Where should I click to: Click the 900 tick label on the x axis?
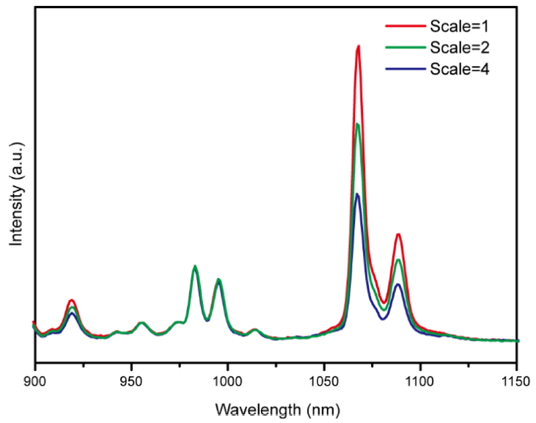(34, 380)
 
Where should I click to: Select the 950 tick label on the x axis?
(131, 380)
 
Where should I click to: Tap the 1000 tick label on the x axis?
(227, 380)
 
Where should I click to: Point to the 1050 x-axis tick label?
(324, 380)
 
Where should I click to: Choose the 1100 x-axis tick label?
(420, 380)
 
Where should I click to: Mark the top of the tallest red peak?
(358, 46)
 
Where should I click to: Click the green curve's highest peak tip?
(358, 124)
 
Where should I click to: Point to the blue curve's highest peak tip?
(357, 194)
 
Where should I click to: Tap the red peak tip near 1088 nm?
(398, 235)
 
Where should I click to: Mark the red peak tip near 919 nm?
(72, 300)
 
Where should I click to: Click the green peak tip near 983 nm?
(195, 266)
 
